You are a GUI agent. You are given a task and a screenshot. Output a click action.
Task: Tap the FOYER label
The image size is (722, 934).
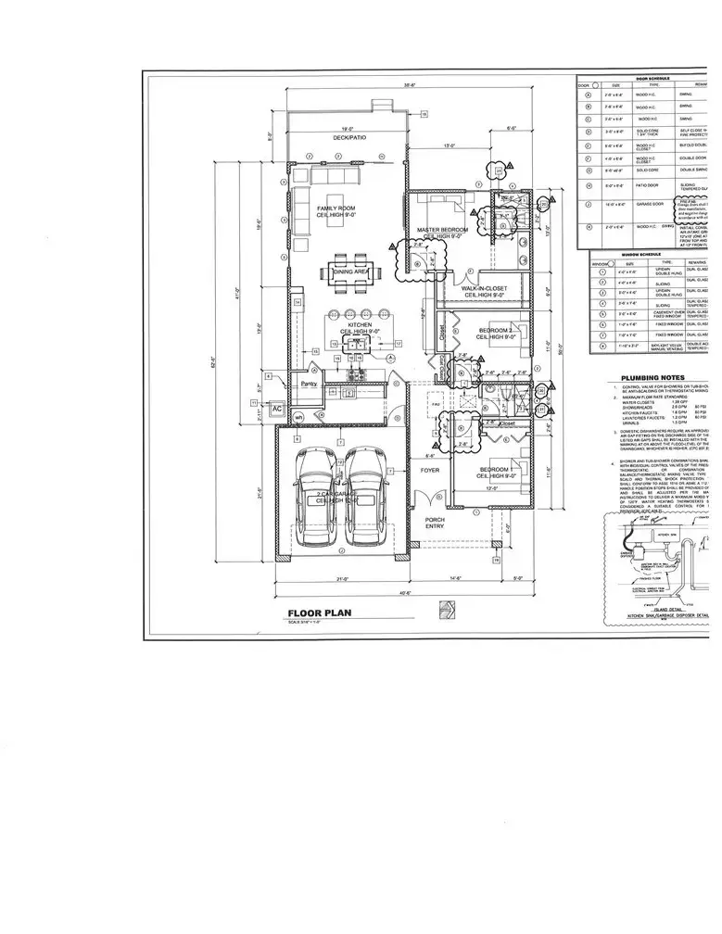tap(429, 470)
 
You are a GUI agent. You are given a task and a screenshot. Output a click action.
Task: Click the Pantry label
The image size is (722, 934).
tap(308, 383)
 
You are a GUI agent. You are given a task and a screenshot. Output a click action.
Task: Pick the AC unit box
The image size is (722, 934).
tap(276, 408)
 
